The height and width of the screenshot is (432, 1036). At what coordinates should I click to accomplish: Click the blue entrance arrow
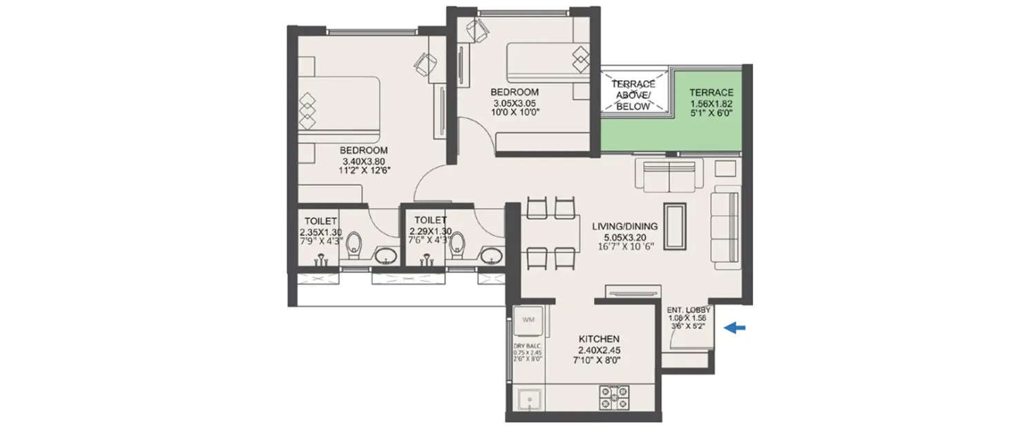734,329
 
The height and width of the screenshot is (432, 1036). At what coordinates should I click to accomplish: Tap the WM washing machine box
529,320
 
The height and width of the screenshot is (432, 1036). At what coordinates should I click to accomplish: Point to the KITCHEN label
598,339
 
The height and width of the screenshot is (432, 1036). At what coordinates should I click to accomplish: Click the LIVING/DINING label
624,225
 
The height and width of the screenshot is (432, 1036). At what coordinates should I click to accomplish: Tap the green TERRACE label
711,93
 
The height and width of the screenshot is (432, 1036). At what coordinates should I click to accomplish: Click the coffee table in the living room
674,226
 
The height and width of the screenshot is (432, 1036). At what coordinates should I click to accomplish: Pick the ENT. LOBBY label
689,310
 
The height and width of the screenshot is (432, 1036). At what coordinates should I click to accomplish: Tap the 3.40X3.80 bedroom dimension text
363,161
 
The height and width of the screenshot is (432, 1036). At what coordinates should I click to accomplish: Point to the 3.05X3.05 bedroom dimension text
515,103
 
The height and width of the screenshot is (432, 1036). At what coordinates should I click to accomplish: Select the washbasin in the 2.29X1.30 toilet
492,256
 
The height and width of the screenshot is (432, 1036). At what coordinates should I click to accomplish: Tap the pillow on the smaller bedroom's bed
579,56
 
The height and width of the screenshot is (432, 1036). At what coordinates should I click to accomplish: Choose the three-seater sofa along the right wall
727,226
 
